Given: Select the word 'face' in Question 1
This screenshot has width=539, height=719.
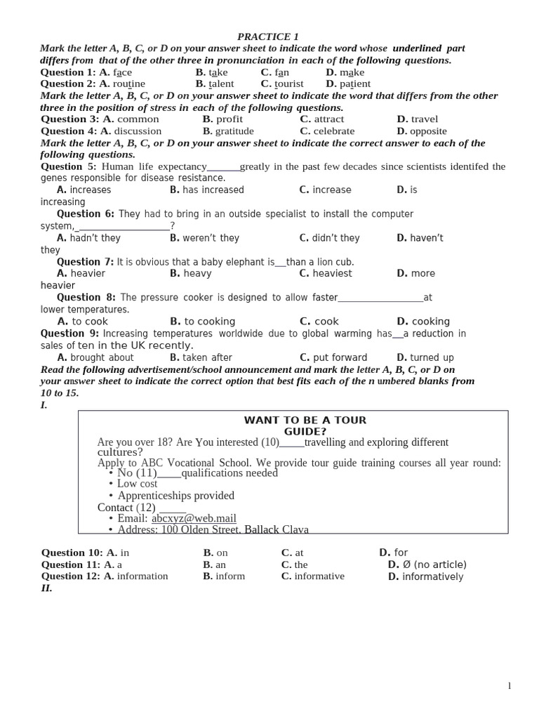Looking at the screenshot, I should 123,72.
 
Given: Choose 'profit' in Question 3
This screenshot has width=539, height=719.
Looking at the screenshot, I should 229,119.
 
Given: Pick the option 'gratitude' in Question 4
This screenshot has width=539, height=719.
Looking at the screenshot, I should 234,131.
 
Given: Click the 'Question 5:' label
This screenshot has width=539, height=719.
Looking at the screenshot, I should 69,166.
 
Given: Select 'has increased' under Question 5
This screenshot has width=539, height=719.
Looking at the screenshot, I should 213,190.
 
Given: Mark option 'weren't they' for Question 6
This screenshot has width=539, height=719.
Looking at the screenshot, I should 211,238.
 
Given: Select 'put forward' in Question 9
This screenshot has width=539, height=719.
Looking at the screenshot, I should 340,357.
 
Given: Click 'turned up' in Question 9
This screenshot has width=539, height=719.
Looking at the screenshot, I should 432,357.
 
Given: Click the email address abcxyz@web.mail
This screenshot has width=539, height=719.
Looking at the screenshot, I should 194,519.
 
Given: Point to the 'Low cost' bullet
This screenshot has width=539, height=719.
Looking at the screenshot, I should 137,484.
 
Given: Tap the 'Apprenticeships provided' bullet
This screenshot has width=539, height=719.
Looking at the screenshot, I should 175,496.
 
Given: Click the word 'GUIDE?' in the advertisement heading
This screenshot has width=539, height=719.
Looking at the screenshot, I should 305,432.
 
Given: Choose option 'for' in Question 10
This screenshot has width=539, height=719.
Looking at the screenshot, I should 401,553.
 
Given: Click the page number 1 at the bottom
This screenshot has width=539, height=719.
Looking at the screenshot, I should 510,686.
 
